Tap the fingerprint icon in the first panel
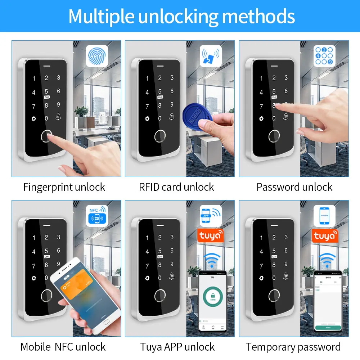click(x=96, y=57)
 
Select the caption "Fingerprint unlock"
click(x=64, y=187)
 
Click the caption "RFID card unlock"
click(x=176, y=187)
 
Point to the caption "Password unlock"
click(x=294, y=187)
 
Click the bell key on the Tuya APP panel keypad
click(x=172, y=276)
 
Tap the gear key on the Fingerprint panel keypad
click(x=34, y=118)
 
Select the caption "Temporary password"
click(x=293, y=347)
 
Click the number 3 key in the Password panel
click(x=286, y=77)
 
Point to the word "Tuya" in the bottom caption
click(x=152, y=347)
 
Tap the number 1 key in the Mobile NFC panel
click(x=34, y=238)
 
